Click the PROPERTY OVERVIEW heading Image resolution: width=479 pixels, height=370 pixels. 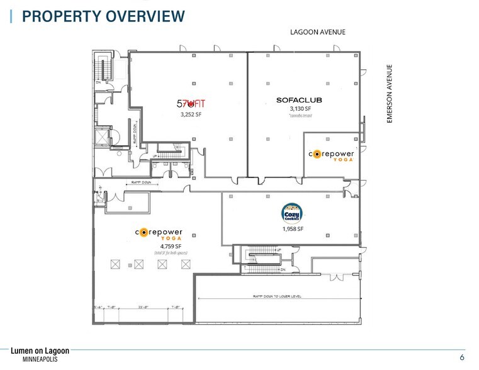click(x=104, y=16)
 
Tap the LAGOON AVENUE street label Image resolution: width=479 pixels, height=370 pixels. click(x=317, y=32)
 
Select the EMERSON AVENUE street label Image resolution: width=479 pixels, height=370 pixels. click(x=389, y=94)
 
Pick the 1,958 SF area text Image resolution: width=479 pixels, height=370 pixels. click(x=293, y=229)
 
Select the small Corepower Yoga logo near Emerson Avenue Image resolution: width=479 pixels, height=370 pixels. click(x=331, y=155)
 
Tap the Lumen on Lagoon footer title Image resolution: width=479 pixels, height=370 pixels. click(x=40, y=350)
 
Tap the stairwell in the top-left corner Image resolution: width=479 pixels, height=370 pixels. click(x=101, y=69)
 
